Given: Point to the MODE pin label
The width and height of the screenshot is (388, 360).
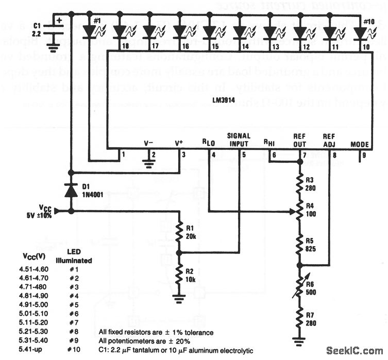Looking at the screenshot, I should (359, 144).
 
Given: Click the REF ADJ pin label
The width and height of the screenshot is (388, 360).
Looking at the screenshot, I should (329, 140).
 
